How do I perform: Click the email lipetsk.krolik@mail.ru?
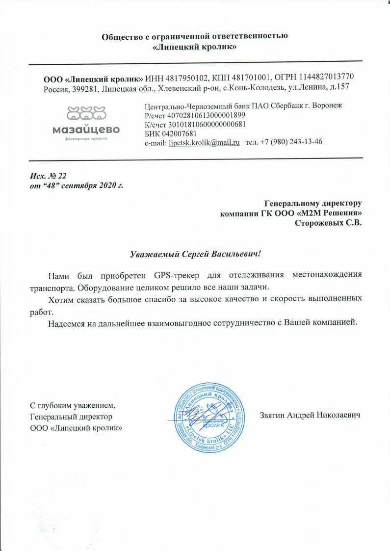(x=204, y=142)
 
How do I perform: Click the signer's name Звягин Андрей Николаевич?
(x=310, y=415)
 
